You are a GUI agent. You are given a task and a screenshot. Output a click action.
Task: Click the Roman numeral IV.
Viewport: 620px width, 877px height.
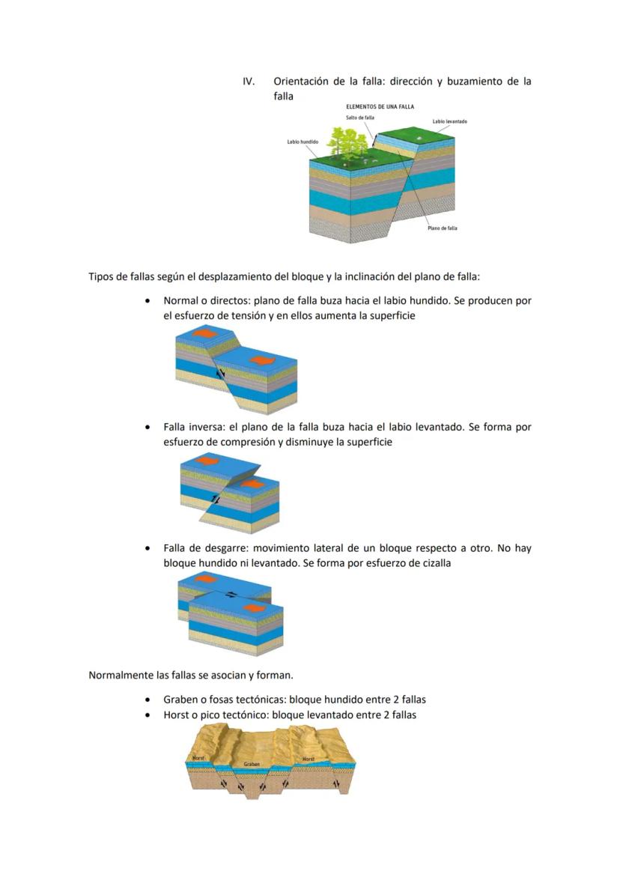click(x=249, y=81)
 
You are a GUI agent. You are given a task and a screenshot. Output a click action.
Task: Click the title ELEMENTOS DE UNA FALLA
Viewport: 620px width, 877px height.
click(x=380, y=107)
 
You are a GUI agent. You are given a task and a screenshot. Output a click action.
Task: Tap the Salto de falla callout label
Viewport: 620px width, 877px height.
click(x=360, y=118)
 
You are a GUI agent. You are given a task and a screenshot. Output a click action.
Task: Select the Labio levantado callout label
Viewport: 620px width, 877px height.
click(x=450, y=121)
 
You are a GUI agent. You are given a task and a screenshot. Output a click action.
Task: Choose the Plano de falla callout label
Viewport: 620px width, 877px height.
click(x=442, y=228)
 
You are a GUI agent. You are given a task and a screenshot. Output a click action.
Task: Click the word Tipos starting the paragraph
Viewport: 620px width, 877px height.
click(x=102, y=276)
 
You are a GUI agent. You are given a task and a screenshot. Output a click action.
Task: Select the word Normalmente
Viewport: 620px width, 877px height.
click(x=120, y=675)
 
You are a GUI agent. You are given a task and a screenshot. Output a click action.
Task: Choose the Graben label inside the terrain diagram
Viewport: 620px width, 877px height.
click(x=252, y=765)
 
